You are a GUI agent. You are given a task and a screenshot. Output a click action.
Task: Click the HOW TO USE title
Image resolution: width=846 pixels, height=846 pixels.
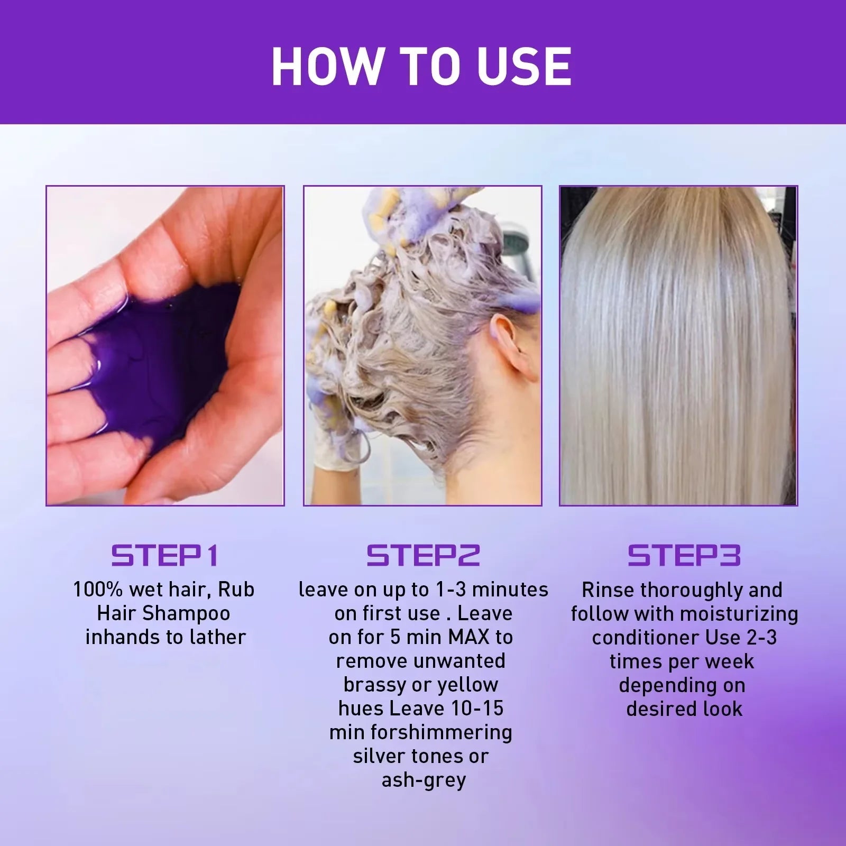[421, 67]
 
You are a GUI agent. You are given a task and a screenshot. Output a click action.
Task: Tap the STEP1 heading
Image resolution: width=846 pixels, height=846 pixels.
[164, 556]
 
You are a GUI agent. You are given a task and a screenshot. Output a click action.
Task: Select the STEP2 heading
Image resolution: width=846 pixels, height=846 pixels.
[423, 556]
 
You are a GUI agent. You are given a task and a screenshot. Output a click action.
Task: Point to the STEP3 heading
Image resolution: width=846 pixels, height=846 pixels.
[684, 556]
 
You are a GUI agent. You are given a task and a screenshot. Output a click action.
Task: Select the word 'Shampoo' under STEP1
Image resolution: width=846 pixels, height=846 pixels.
[187, 613]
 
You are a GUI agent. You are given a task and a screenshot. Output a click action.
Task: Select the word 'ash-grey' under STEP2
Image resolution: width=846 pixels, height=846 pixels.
[424, 780]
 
